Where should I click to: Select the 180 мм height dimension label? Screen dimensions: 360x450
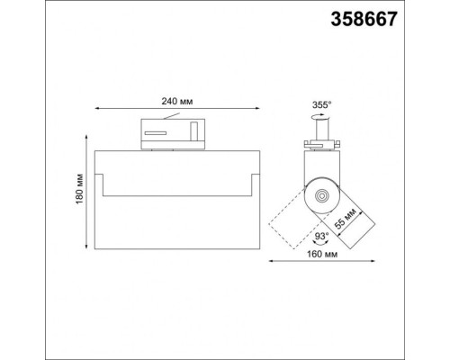click(78, 198)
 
